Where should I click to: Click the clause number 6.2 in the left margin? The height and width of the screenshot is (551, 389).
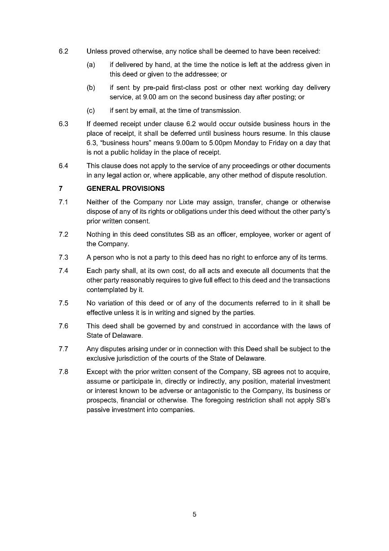point(63,51)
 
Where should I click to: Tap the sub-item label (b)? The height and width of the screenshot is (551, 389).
point(91,88)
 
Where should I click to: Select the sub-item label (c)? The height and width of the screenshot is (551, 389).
point(91,110)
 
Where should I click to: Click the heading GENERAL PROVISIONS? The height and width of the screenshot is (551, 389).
point(126,189)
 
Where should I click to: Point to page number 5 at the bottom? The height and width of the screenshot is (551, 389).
point(194,515)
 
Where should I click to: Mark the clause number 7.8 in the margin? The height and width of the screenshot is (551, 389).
point(63,372)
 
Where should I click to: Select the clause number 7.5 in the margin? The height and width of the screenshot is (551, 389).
point(63,303)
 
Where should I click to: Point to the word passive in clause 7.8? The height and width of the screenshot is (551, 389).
point(98,410)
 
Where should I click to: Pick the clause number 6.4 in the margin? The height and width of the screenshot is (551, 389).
point(63,166)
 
